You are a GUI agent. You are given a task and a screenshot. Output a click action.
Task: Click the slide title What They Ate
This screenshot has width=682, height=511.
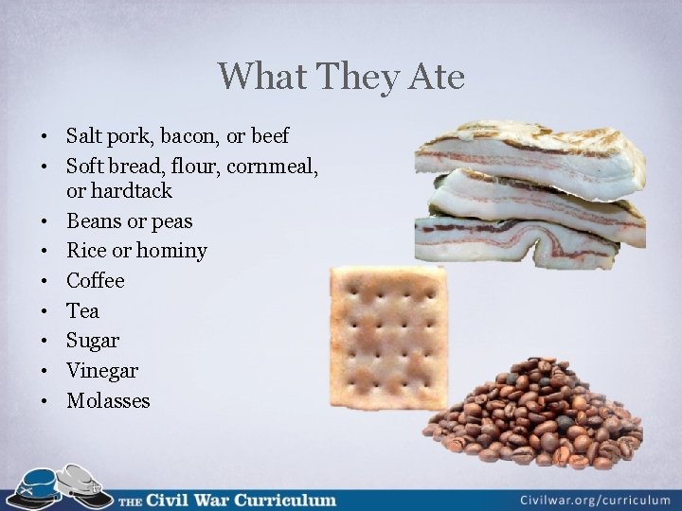(341, 77)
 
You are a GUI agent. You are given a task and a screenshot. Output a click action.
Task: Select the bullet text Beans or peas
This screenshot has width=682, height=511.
(129, 221)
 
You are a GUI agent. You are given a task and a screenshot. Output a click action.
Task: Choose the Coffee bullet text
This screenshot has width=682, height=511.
(95, 281)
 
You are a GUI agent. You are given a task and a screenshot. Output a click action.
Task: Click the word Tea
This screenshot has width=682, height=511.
(82, 311)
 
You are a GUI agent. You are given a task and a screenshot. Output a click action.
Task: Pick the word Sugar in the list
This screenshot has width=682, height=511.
(92, 341)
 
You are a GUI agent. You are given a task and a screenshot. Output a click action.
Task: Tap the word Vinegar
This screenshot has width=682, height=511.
(101, 371)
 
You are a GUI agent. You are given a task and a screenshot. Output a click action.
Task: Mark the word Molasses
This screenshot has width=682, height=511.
(108, 401)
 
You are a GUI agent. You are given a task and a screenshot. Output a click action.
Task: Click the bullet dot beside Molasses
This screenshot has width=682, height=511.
(46, 401)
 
